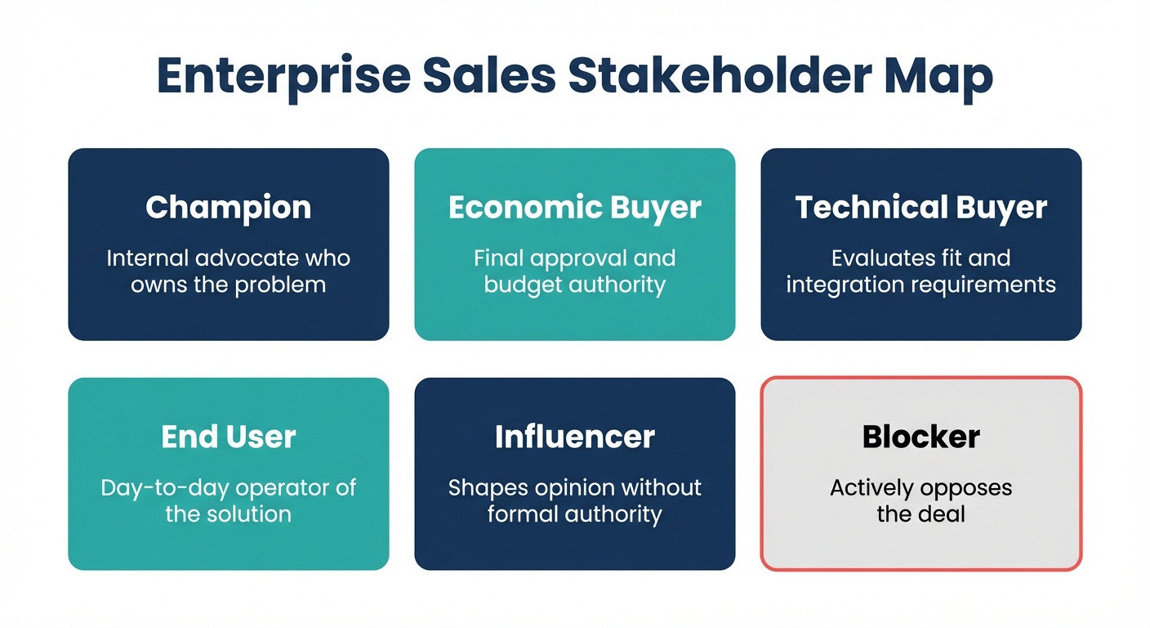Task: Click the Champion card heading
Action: pyautogui.click(x=229, y=208)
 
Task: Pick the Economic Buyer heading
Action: pyautogui.click(x=575, y=208)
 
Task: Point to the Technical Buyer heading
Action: pyautogui.click(x=921, y=208)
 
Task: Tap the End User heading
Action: pyautogui.click(x=229, y=437)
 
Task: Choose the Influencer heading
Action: pyautogui.click(x=575, y=437)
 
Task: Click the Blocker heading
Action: pyautogui.click(x=921, y=437)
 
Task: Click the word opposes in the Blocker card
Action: pyautogui.click(x=965, y=488)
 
